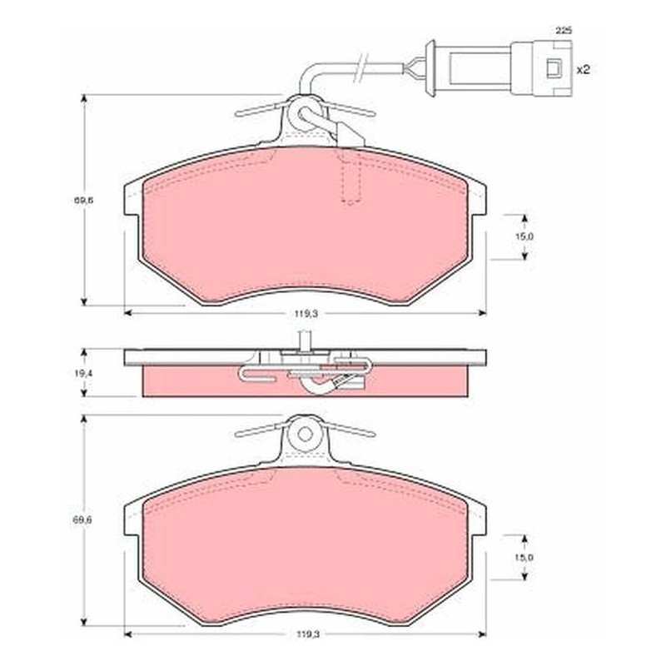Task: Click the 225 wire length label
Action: coord(564,31)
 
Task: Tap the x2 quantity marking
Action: coord(584,70)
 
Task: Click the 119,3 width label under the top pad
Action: coord(306,314)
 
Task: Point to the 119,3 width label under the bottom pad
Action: coord(306,634)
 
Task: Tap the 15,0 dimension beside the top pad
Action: coord(524,237)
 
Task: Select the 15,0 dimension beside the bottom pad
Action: coord(524,558)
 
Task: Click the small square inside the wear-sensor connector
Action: coord(554,68)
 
